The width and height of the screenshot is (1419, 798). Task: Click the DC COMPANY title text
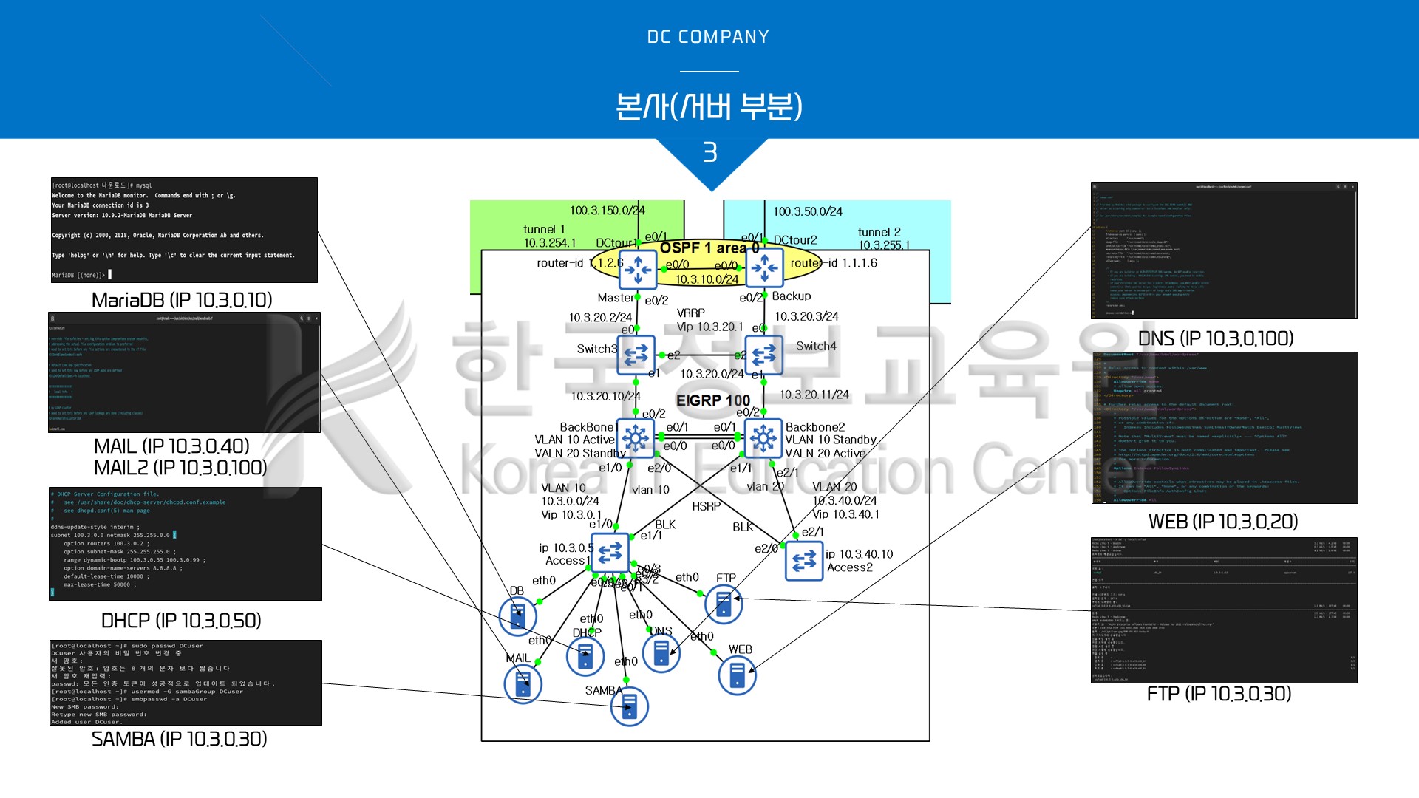pyautogui.click(x=708, y=37)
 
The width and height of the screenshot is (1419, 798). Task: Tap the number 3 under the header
pyautogui.click(x=709, y=152)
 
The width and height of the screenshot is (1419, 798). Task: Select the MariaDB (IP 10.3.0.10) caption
pyautogui.click(x=182, y=300)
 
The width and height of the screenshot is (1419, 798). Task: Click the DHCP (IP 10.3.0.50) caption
pyautogui.click(x=181, y=621)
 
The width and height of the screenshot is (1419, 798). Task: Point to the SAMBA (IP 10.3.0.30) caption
pyautogui.click(x=180, y=739)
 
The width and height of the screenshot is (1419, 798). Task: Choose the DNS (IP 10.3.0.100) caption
pyautogui.click(x=1216, y=338)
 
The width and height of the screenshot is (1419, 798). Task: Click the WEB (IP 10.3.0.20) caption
pyautogui.click(x=1223, y=522)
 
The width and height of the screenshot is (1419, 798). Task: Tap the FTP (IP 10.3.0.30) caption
pyautogui.click(x=1219, y=694)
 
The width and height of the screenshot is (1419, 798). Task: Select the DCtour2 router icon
pyautogui.click(x=764, y=267)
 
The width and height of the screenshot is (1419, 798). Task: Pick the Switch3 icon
pyautogui.click(x=636, y=355)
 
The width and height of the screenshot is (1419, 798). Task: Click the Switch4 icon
pyautogui.click(x=763, y=355)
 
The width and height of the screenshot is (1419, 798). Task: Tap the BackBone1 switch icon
pyautogui.click(x=635, y=438)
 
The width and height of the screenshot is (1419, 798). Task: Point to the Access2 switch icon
pyautogui.click(x=803, y=561)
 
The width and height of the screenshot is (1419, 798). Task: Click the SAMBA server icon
pyautogui.click(x=629, y=706)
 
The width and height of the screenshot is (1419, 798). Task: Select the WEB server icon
pyautogui.click(x=737, y=675)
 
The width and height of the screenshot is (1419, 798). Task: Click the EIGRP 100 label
pyautogui.click(x=712, y=400)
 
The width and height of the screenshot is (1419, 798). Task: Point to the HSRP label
pyautogui.click(x=706, y=506)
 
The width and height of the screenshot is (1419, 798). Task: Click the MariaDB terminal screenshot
pyautogui.click(x=184, y=230)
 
